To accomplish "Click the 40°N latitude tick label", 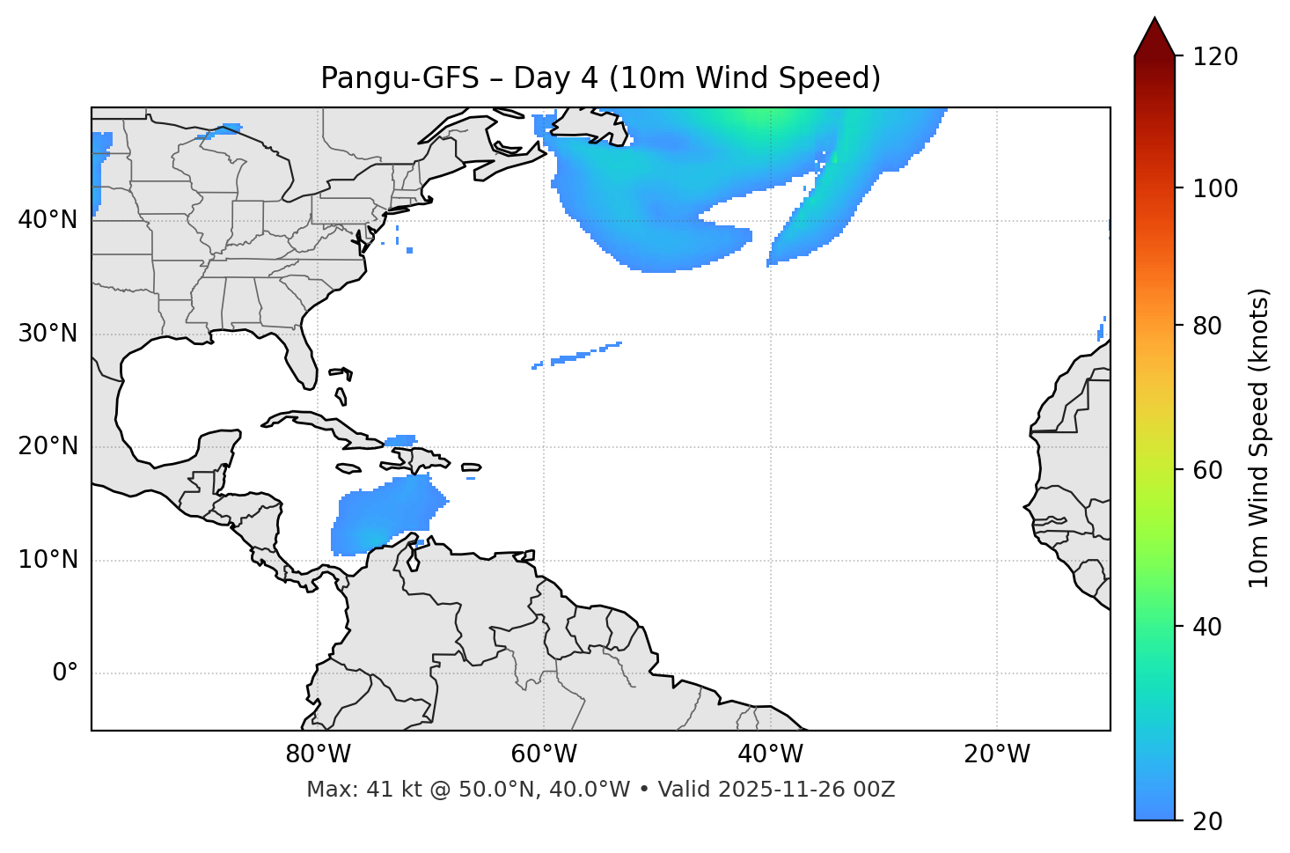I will (48, 220).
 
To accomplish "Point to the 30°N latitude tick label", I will (48, 334).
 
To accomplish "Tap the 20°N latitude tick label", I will (48, 446).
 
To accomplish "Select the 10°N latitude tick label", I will (48, 560).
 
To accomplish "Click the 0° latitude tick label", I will (65, 673).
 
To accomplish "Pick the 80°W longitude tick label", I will (318, 754).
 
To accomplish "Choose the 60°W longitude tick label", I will (544, 754).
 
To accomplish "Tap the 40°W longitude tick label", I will (770, 754).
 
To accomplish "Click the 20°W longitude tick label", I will (997, 754).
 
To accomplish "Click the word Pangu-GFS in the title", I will (399, 78).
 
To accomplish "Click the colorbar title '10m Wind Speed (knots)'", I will (1259, 438).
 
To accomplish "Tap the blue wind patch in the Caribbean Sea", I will (387, 515).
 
